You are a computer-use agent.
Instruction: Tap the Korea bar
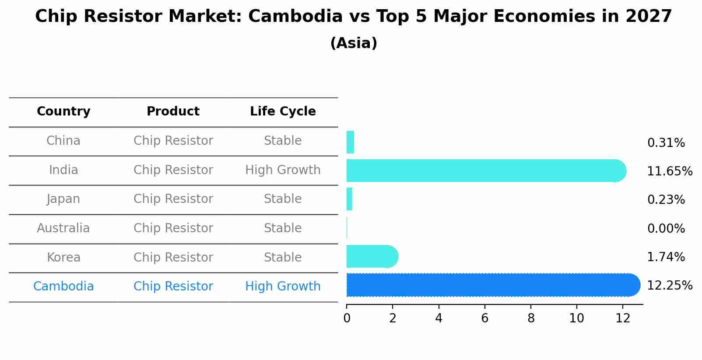point(372,257)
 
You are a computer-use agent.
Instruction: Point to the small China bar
point(350,142)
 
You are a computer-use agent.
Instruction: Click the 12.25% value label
point(670,286)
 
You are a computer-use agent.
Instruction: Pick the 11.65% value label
point(670,171)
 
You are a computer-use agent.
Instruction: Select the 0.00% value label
point(666,228)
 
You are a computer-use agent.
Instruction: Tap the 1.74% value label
point(666,257)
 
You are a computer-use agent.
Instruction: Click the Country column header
point(63,112)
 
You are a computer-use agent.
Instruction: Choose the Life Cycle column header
point(283,112)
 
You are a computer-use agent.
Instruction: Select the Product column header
point(173,112)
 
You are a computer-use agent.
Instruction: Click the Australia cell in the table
point(63,228)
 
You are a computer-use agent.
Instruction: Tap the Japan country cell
point(63,199)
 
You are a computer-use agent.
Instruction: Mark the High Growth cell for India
point(283,170)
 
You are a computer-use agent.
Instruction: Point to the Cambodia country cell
point(63,287)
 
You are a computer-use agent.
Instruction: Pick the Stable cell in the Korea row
point(283,258)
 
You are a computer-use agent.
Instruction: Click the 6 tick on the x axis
point(484,318)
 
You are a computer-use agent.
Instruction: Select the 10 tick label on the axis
point(576,318)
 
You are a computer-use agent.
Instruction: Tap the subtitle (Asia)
point(354,43)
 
